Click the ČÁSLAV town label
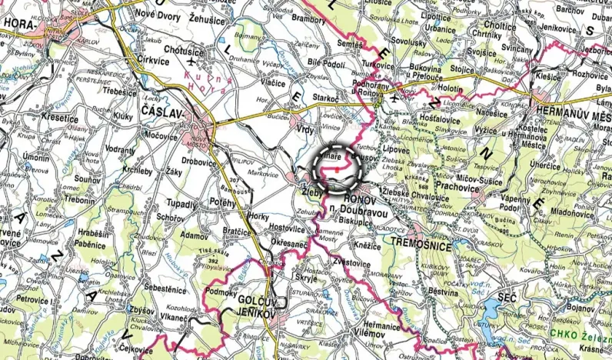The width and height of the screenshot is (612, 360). pos(162,113)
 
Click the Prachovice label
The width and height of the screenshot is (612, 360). pos(459,185)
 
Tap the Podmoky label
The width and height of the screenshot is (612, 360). pos(222,292)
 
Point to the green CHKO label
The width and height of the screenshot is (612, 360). pos(565,334)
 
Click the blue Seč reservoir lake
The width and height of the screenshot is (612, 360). pos(497,311)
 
